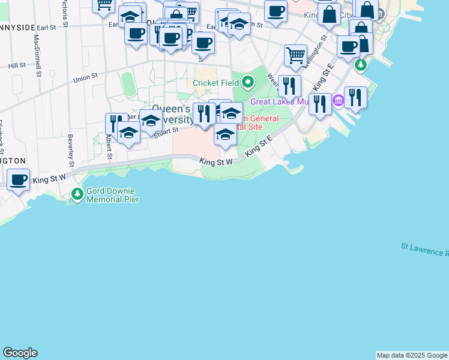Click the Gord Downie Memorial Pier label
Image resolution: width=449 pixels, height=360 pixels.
coord(112,195)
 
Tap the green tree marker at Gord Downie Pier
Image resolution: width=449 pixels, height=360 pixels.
coord(77,194)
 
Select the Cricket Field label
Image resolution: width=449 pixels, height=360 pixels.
coord(216,83)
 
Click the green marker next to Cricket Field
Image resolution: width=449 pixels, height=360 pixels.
coord(247,82)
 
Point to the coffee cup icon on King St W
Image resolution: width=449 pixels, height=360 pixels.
coord(18,179)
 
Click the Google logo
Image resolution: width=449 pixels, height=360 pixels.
coord(20,353)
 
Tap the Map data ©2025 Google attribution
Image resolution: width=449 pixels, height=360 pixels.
coord(412,355)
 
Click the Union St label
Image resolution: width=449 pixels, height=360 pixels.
coord(85,77)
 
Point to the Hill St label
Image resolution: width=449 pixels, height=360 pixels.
coord(17,65)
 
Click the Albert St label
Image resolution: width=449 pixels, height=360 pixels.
coord(109,146)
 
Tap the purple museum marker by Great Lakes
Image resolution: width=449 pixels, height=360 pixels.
coord(338,102)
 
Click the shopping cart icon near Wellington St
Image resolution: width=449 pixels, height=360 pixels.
coord(295,55)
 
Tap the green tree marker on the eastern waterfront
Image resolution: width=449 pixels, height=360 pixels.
coord(361,64)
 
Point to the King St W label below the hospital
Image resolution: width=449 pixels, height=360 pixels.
coord(216,162)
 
